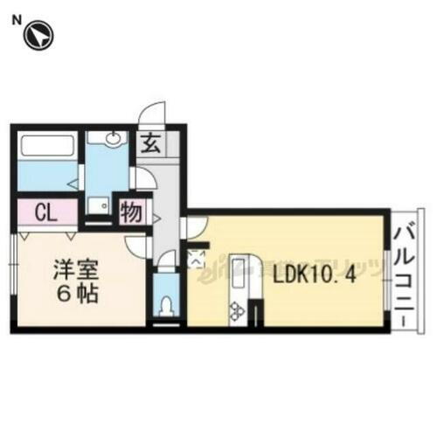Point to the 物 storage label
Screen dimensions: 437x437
pos(131,212)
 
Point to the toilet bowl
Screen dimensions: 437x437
pos(166,305)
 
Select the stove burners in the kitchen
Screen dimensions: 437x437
pos(236,309)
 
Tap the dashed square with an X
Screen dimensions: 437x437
pos(195,258)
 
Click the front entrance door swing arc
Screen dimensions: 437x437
pos(153,114)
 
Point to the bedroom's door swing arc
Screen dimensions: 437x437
pos(137,243)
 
